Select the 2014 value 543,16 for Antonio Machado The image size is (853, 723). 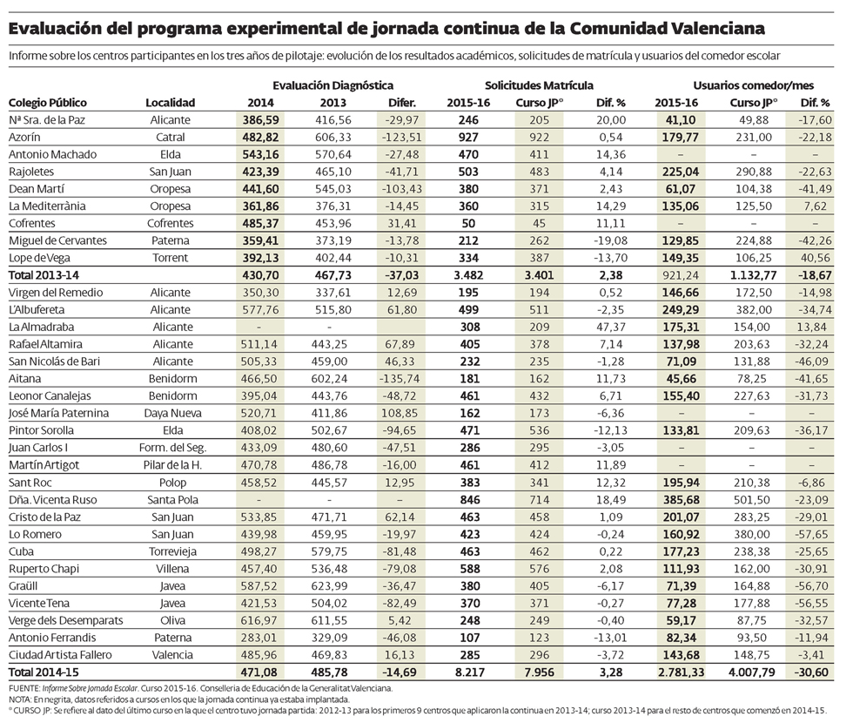pyautogui.click(x=259, y=154)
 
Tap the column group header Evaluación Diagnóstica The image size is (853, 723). pyautogui.click(x=332, y=85)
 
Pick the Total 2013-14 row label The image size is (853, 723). pyautogui.click(x=40, y=275)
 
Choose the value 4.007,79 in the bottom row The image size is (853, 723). pyautogui.click(x=748, y=672)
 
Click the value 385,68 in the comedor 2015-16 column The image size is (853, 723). pyautogui.click(x=675, y=500)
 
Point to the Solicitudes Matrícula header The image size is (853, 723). pyautogui.click(x=539, y=85)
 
